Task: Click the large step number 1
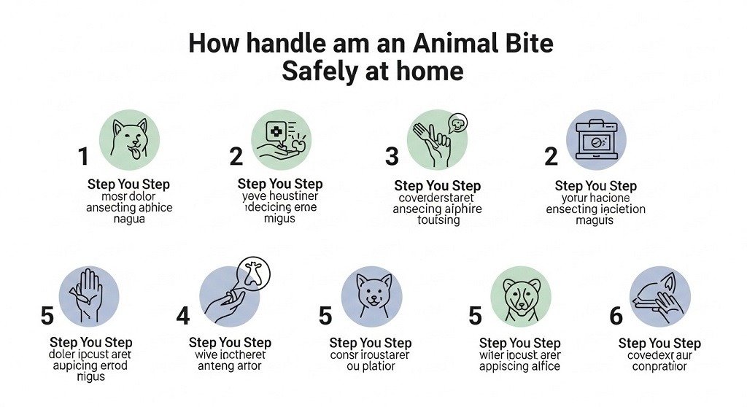[x=83, y=156]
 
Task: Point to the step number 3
[x=392, y=156]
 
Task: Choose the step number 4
[x=183, y=315]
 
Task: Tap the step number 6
[x=616, y=315]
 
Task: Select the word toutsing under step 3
[x=438, y=220]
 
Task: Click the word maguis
[x=595, y=220]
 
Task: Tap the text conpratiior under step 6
[x=659, y=366]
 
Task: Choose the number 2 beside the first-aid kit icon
[x=551, y=156]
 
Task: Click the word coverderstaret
[x=437, y=198]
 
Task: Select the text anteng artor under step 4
[x=230, y=366]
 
